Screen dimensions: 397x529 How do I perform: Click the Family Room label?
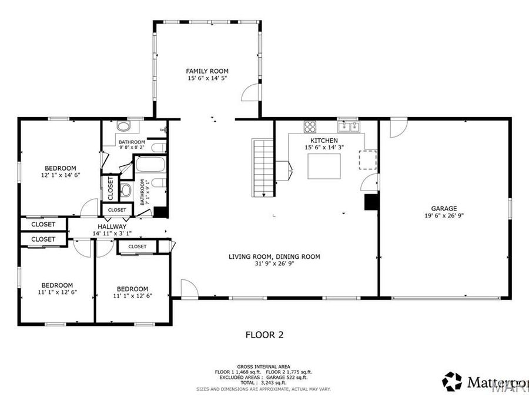point(207,71)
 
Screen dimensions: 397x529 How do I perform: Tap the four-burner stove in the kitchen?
point(310,126)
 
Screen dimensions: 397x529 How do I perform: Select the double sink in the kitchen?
point(349,126)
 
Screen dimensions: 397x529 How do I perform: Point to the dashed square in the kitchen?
point(368,159)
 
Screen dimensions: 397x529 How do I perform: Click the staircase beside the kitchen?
point(264,168)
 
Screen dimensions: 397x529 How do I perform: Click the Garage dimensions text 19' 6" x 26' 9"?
point(444,215)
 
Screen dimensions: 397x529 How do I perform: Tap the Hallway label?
point(112,226)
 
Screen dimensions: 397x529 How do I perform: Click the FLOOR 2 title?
point(264,335)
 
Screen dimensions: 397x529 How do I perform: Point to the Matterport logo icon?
point(452,381)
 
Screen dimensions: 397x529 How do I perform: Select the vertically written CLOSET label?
point(111,188)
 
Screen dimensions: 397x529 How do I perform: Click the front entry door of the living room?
point(189,289)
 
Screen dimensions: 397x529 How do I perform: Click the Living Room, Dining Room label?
point(274,256)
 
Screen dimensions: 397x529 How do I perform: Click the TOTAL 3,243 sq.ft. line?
point(263,382)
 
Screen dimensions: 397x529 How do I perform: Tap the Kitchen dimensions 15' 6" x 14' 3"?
point(324,148)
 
